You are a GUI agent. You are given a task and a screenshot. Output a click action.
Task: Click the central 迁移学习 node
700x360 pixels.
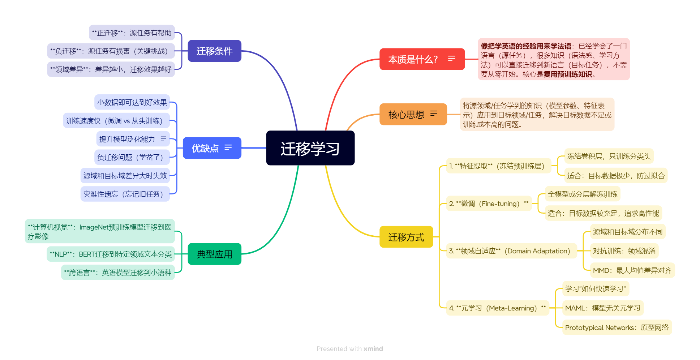click(310, 148)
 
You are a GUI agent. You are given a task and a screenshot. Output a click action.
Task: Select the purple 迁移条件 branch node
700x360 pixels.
click(214, 51)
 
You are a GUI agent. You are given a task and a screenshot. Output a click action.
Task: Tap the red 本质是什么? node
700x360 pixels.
click(413, 59)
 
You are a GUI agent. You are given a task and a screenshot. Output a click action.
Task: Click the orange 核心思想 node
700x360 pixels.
click(406, 115)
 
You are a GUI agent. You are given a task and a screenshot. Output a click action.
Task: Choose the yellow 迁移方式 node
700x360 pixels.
click(406, 237)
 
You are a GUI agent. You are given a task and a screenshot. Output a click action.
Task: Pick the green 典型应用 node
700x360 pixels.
click(214, 254)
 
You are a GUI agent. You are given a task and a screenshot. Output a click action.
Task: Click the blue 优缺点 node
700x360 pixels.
click(205, 148)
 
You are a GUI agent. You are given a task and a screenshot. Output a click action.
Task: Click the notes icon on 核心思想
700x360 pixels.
click(434, 113)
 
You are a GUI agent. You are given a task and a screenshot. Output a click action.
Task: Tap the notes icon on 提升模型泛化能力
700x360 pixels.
click(163, 138)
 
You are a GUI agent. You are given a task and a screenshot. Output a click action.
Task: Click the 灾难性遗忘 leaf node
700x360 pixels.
click(125, 194)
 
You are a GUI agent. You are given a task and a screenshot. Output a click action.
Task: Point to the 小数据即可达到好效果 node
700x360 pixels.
click(132, 102)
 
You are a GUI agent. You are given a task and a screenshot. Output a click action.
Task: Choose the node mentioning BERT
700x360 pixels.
click(111, 254)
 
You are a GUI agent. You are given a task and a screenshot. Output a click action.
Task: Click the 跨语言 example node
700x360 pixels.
click(118, 273)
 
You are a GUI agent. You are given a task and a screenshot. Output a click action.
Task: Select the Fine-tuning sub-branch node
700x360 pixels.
click(489, 204)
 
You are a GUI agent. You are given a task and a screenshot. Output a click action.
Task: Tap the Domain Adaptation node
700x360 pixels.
click(511, 251)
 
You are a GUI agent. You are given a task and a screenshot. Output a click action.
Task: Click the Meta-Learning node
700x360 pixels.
click(497, 308)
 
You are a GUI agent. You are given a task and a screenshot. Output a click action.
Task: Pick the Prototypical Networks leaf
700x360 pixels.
click(617, 327)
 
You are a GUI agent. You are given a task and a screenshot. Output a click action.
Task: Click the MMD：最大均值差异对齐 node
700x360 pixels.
click(632, 270)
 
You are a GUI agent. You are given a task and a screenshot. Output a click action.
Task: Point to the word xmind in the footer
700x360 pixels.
click(373, 349)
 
